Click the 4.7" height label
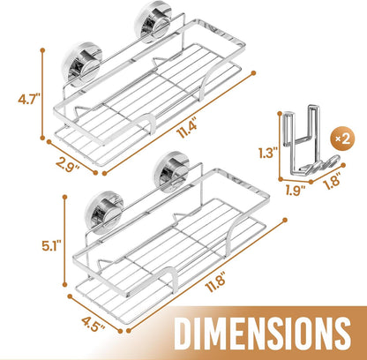coord(28,99)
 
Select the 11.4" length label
coord(187,130)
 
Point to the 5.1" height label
coord(51,246)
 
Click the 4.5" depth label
coord(93,324)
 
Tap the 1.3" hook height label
coord(268,153)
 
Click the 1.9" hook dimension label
coord(295,191)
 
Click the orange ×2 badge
coord(343,139)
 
